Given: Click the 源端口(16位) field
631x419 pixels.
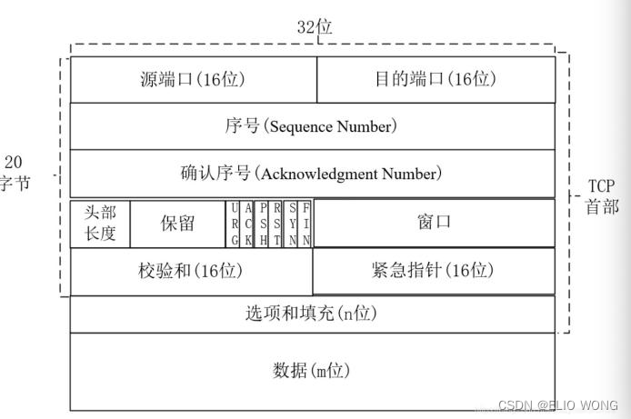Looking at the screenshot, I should click(193, 79).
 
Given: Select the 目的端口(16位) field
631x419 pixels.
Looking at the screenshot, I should click(436, 79).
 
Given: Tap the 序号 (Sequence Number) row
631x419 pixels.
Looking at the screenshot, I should click(312, 126).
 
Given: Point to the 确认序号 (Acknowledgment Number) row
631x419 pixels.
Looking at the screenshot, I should click(312, 173).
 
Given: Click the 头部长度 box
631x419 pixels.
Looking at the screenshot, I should click(100, 223).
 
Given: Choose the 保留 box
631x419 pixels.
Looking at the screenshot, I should click(177, 223).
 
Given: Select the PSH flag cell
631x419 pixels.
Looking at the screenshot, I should click(262, 224).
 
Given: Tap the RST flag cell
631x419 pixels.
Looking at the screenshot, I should click(276, 224).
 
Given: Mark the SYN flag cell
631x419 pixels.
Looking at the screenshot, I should click(293, 224).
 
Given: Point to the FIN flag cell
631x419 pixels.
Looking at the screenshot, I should click(307, 224).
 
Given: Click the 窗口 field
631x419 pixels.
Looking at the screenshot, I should click(435, 223).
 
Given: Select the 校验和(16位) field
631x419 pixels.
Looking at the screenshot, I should click(191, 271).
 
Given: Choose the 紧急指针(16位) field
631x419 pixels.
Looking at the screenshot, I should click(433, 271).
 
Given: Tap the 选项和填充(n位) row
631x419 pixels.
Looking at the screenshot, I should click(312, 314).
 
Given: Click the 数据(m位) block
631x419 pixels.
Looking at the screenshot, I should click(312, 371).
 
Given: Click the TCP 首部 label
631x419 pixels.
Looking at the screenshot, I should click(602, 196).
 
